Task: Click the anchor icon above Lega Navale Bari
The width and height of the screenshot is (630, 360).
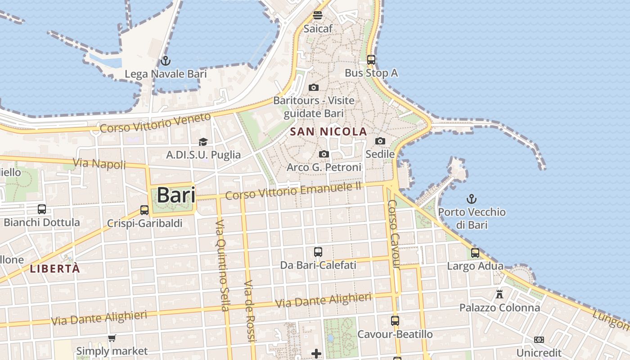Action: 165,60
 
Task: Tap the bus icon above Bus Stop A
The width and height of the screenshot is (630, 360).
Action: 371,59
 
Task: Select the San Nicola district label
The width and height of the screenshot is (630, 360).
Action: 328,132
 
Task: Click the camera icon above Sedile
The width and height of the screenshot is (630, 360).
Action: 380,141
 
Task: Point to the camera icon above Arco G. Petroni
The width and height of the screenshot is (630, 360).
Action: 324,154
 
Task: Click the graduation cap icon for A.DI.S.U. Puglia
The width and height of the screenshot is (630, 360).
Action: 203,142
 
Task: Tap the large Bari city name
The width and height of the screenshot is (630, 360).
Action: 176,195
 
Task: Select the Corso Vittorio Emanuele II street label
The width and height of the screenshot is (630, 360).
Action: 293,192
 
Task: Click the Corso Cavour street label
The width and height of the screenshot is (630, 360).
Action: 394,234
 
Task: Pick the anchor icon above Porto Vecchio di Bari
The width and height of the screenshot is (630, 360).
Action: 472,198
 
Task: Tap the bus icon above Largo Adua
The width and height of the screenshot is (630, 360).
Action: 475,253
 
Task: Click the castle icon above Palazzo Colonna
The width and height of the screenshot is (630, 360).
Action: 499,294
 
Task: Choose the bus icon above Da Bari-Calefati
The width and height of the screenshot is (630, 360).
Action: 318,252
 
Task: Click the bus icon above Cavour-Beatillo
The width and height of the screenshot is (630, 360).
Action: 395,321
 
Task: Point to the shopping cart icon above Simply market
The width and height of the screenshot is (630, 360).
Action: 112,338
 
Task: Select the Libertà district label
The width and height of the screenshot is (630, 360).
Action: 55,269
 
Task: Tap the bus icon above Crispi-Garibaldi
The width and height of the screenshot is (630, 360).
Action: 144,210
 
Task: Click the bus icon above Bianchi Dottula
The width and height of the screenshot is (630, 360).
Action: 42,209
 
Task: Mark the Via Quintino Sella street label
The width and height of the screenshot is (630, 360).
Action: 221,265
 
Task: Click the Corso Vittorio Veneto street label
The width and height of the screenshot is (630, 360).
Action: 155,123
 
